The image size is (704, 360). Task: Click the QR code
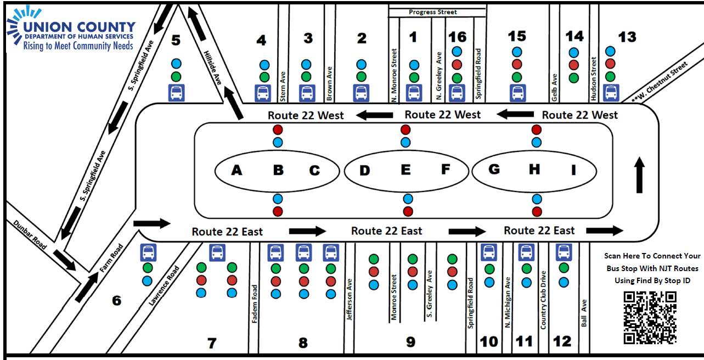click(x=650, y=317)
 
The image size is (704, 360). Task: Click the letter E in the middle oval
click(x=405, y=170)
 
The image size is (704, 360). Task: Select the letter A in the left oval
click(x=236, y=171)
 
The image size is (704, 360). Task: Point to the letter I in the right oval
click(x=573, y=171)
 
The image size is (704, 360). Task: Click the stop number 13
click(x=627, y=37)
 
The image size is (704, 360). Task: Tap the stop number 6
click(x=116, y=301)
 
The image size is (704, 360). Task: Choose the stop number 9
click(x=410, y=342)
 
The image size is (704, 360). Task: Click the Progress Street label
click(x=432, y=12)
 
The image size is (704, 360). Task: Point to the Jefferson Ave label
click(x=350, y=300)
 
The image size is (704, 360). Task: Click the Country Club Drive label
click(x=543, y=300)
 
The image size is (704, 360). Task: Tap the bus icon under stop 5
click(x=176, y=93)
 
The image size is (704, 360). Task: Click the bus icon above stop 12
click(x=564, y=252)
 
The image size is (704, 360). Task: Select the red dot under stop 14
click(x=574, y=65)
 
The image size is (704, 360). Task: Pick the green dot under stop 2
click(x=361, y=77)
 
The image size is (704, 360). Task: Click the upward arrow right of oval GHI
click(x=639, y=175)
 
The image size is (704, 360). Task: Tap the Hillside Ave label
click(x=212, y=67)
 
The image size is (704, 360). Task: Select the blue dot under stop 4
click(x=264, y=65)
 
